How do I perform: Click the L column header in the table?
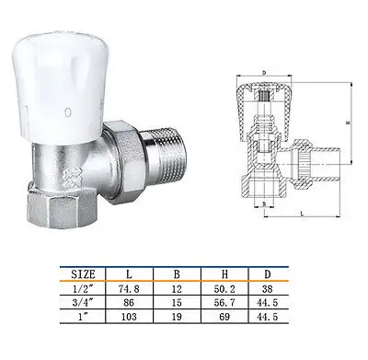click(135, 273)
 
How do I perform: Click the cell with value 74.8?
click(135, 287)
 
